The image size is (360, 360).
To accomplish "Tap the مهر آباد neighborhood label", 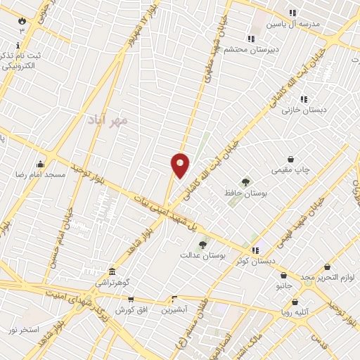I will pos(108,120).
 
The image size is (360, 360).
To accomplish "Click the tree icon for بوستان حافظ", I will pos(245,182).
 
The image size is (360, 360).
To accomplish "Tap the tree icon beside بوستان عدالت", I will pos(203,245).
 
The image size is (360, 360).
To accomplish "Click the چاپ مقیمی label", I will pos(290,170).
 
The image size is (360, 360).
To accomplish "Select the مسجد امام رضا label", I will pos(41,174).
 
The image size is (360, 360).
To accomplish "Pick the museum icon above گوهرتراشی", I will pos(112,271).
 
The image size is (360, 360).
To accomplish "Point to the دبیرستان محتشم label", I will pos(252,49).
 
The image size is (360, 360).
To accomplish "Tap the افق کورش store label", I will pos(130,309).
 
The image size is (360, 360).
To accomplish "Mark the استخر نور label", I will pos(24,329).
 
